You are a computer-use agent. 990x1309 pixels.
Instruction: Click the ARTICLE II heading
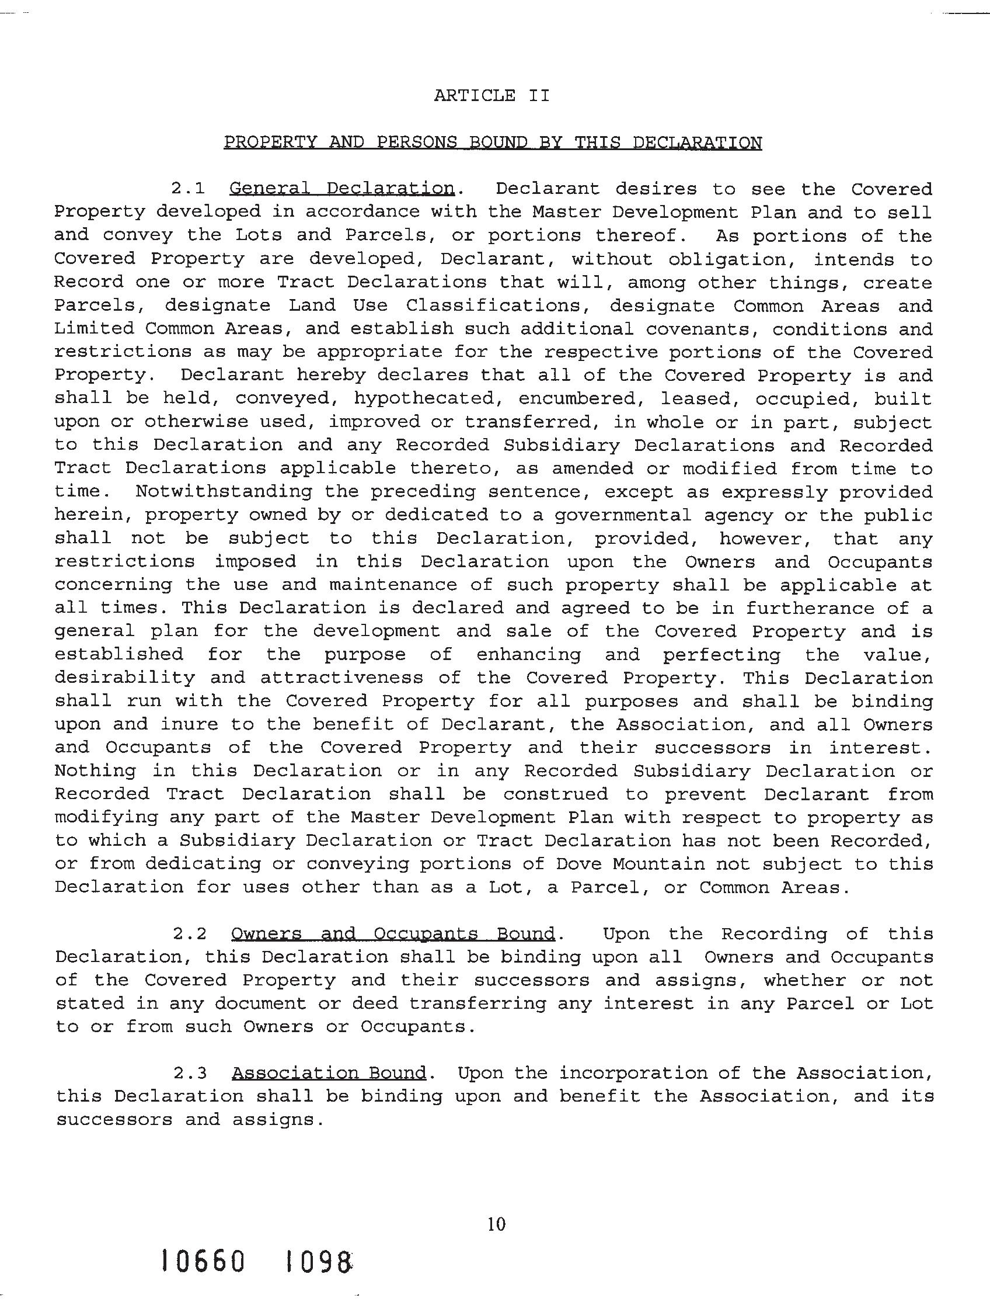[491, 95]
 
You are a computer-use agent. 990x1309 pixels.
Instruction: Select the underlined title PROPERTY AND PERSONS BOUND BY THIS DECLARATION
[492, 143]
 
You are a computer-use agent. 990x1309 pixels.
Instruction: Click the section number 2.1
[188, 189]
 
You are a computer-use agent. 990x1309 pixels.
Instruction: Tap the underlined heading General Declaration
[342, 189]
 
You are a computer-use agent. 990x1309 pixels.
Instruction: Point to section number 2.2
[190, 934]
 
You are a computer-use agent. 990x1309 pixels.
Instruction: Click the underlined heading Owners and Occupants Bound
[393, 934]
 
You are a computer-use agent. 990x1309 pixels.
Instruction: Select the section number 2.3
[190, 1074]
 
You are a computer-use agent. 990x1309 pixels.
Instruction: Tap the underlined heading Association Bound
[329, 1074]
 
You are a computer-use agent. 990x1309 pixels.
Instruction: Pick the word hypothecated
[424, 398]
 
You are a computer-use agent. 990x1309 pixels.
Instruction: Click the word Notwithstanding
[224, 492]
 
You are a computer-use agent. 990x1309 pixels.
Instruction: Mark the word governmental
[623, 515]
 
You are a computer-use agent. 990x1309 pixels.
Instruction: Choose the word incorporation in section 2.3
[633, 1074]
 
